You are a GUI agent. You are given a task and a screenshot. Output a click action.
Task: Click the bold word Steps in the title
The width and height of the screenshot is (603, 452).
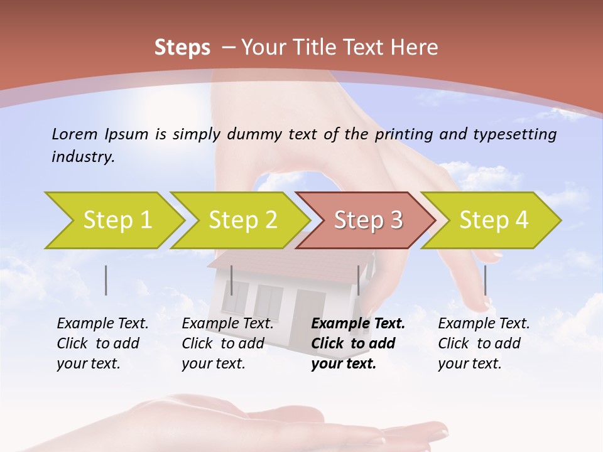tap(182, 47)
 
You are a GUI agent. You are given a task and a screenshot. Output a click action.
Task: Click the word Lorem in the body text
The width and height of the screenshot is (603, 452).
tap(75, 134)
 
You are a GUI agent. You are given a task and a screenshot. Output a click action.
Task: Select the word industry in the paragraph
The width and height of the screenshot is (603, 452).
tap(83, 157)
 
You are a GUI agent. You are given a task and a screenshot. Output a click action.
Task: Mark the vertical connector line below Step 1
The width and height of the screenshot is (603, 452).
tap(106, 280)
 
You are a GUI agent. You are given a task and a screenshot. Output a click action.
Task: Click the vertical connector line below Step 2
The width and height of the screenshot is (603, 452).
tap(232, 280)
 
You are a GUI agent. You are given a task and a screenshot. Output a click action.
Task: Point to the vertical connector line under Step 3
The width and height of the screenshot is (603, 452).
tap(358, 280)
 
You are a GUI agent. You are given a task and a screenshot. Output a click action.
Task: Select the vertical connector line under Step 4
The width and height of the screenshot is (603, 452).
tap(485, 280)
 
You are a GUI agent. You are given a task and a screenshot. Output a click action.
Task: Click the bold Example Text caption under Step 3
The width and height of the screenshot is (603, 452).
tap(358, 343)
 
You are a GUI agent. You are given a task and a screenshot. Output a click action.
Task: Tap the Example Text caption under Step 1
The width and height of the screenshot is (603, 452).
tap(102, 343)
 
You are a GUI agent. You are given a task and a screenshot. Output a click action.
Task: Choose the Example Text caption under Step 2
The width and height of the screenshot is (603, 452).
tap(227, 343)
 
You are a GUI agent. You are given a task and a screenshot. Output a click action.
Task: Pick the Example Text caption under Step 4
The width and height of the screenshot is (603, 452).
tap(484, 343)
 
